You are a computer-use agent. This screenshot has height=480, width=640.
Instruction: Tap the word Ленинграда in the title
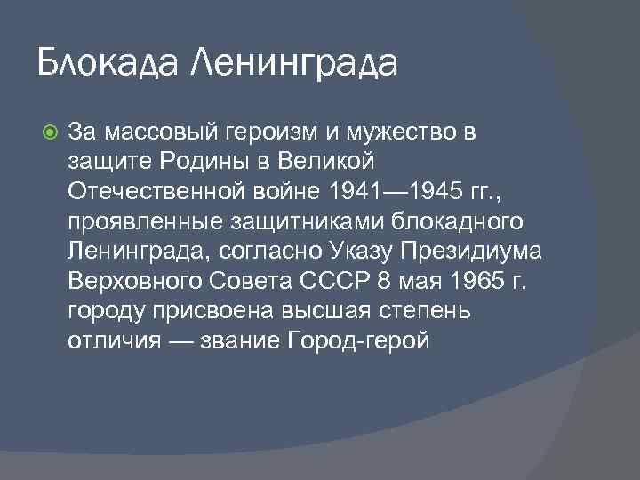[x=294, y=64]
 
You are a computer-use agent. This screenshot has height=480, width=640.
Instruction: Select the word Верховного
[x=131, y=283]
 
